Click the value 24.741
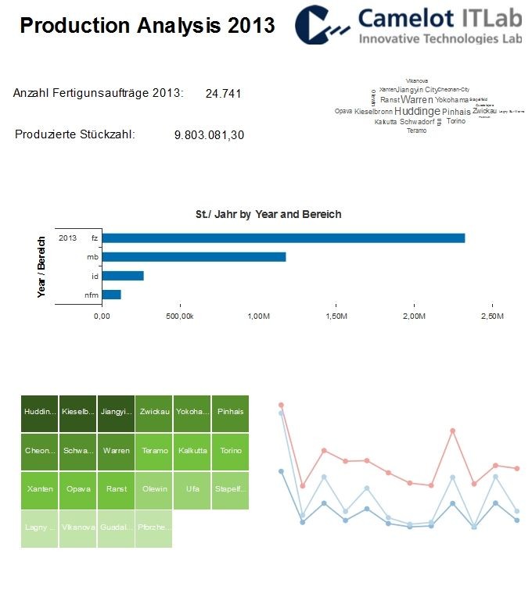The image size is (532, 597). click(x=223, y=94)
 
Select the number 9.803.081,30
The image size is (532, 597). click(x=209, y=135)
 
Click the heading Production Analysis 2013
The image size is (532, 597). click(x=147, y=25)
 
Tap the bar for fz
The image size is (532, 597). click(x=283, y=238)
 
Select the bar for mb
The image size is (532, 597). click(x=194, y=257)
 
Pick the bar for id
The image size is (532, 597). click(x=123, y=276)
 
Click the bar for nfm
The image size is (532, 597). click(x=111, y=295)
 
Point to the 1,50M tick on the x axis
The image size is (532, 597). click(x=336, y=316)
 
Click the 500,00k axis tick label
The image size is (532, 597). click(x=180, y=316)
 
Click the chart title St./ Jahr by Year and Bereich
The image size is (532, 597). click(x=268, y=214)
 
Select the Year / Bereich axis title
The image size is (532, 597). click(x=42, y=266)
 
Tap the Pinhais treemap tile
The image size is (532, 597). click(x=230, y=412)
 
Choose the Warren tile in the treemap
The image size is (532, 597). click(x=116, y=451)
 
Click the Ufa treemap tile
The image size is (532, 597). click(x=192, y=489)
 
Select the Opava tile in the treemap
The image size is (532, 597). click(x=78, y=489)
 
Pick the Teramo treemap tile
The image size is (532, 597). click(x=154, y=451)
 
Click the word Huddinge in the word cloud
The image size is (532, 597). click(x=417, y=112)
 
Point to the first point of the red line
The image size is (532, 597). click(x=281, y=405)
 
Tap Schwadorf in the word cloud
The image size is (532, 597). click(x=417, y=122)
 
